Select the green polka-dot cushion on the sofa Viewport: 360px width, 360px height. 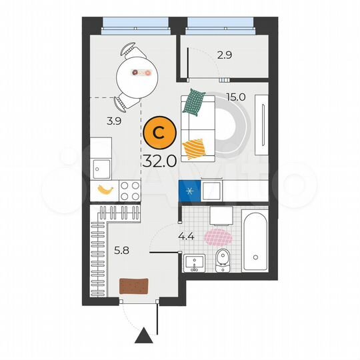click(194, 101)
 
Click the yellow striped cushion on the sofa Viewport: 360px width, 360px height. click(195, 147)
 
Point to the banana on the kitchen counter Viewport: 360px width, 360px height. click(105, 190)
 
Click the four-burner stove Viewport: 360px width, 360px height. click(129, 191)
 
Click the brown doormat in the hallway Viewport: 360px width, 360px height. click(133, 285)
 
